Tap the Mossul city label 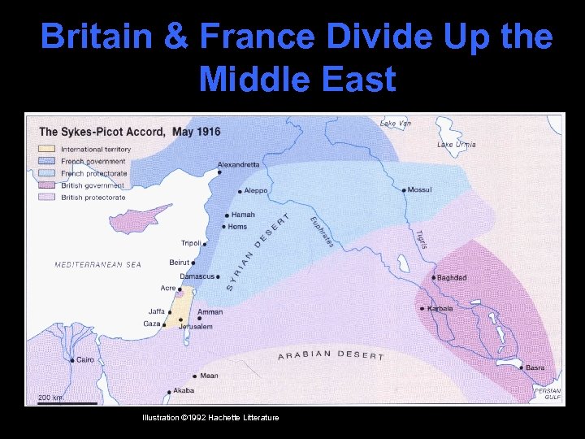click(419, 190)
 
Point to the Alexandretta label click(239, 164)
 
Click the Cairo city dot click(72, 360)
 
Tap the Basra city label click(535, 368)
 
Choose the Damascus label click(197, 276)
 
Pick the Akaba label click(184, 390)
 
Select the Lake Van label click(396, 123)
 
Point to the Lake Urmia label click(457, 145)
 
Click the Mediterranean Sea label click(97, 265)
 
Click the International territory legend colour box click(46, 150)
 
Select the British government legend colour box click(46, 185)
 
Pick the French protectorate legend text click(94, 173)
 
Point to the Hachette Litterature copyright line click(210, 417)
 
